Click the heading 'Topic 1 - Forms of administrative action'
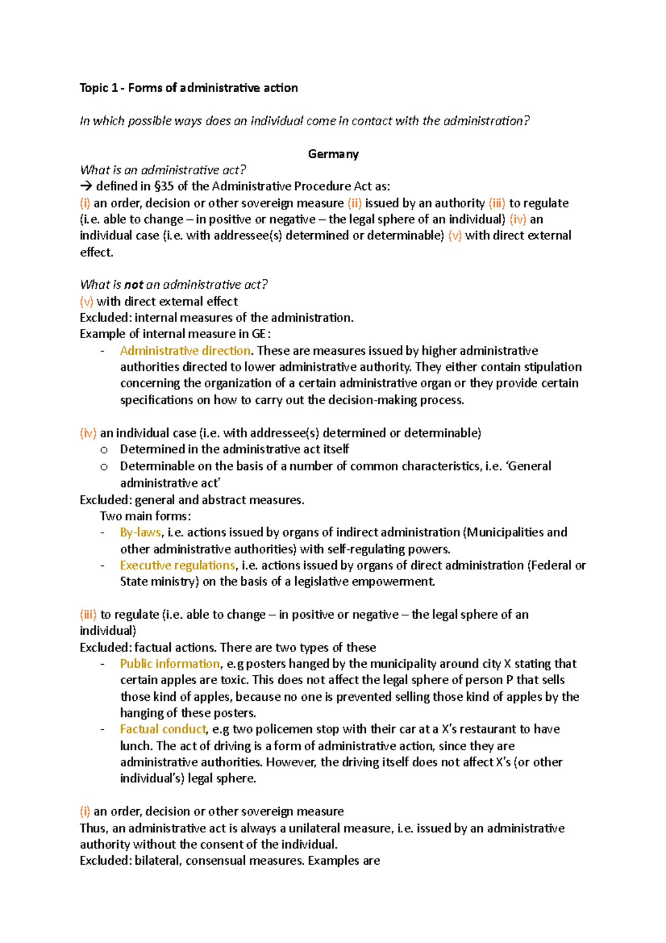coord(189,88)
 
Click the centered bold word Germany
coord(333,154)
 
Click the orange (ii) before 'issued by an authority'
coord(354,203)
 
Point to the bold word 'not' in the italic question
coord(134,285)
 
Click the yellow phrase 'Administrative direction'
coord(185,350)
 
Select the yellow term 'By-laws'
coord(140,532)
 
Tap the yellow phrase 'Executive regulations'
coord(178,565)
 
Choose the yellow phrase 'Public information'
coord(170,664)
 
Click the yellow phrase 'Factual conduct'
coord(163,729)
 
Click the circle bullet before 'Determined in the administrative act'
coord(103,450)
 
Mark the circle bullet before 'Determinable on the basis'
coord(103,467)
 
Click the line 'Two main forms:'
coord(145,516)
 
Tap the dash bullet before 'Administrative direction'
coord(103,351)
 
